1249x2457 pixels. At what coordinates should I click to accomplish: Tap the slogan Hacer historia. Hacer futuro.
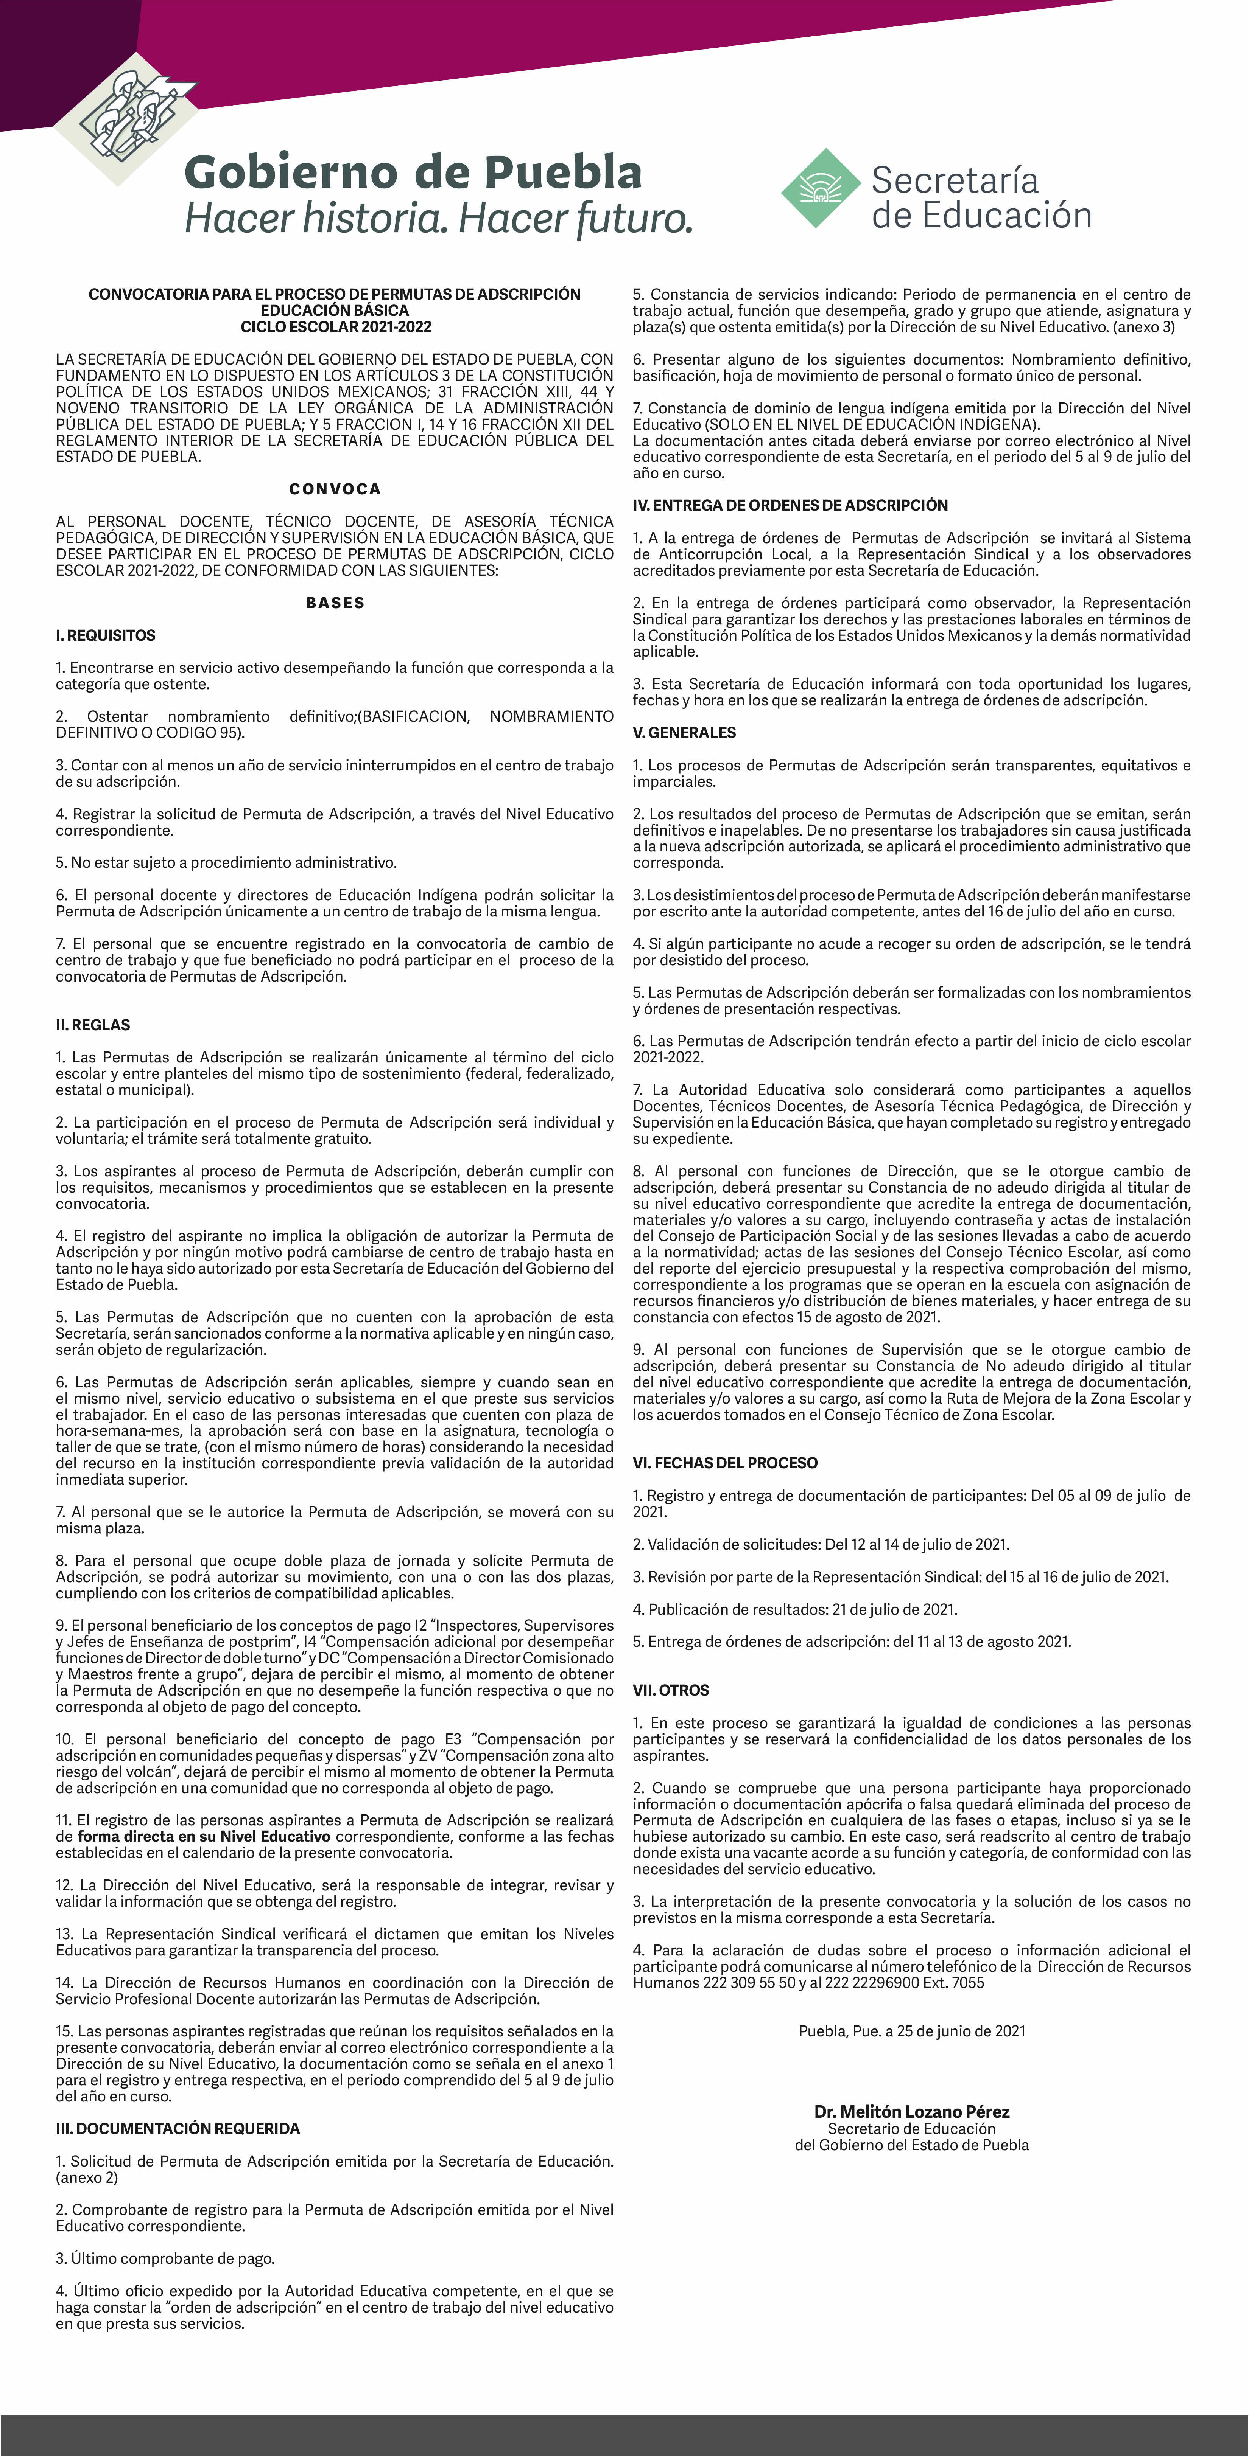(x=438, y=218)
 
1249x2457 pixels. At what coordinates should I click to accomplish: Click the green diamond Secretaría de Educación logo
(x=821, y=188)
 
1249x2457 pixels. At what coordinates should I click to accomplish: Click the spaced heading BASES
(x=335, y=603)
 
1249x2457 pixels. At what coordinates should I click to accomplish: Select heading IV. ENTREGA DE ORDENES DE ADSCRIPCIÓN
(x=790, y=506)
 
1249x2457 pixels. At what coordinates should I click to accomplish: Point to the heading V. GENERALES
(x=684, y=733)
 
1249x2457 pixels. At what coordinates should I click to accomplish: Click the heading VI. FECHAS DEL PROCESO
(x=725, y=1463)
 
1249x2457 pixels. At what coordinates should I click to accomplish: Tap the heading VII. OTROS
(x=671, y=1690)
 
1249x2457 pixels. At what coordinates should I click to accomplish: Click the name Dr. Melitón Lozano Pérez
(x=911, y=2112)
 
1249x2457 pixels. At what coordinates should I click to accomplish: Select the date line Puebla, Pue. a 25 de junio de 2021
(x=911, y=2031)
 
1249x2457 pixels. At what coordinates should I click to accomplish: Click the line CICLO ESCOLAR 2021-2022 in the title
(x=335, y=326)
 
